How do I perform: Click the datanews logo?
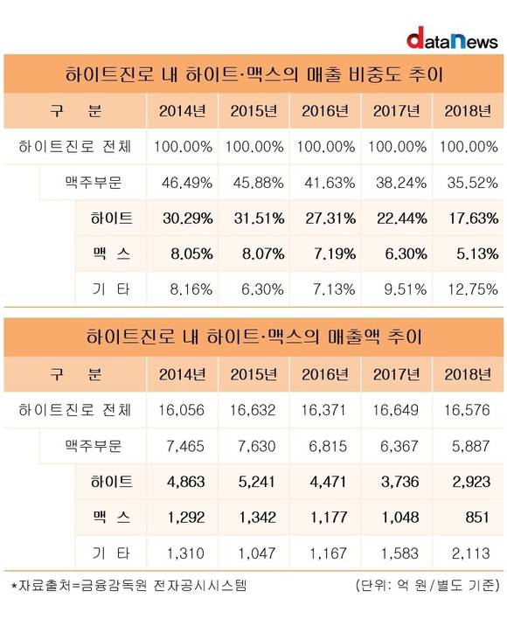pyautogui.click(x=452, y=38)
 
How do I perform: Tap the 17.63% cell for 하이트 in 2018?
pyautogui.click(x=473, y=219)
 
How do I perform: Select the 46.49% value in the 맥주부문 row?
pyautogui.click(x=187, y=183)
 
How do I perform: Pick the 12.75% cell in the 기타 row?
pyautogui.click(x=473, y=289)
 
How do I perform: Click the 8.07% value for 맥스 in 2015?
pyautogui.click(x=263, y=254)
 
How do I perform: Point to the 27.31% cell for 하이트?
pyautogui.click(x=330, y=219)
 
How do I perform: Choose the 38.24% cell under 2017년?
pyautogui.click(x=401, y=183)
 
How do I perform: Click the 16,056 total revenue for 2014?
pyautogui.click(x=181, y=410)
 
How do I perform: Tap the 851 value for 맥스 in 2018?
pyautogui.click(x=476, y=517)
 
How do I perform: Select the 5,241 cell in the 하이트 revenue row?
pyautogui.click(x=257, y=482)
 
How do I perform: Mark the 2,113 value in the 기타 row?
pyautogui.click(x=470, y=553)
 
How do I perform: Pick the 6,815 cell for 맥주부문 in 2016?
pyautogui.click(x=328, y=446)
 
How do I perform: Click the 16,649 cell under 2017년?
pyautogui.click(x=395, y=410)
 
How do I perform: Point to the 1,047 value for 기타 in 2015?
pyautogui.click(x=257, y=553)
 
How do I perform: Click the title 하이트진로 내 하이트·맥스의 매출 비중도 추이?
pyautogui.click(x=254, y=74)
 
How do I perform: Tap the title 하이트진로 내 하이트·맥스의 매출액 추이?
pyautogui.click(x=254, y=337)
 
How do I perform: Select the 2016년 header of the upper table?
pyautogui.click(x=325, y=111)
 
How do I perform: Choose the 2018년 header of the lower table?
pyautogui.click(x=468, y=374)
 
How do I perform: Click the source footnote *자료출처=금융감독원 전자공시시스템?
pyautogui.click(x=128, y=585)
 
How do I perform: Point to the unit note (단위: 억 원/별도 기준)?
pyautogui.click(x=427, y=585)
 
